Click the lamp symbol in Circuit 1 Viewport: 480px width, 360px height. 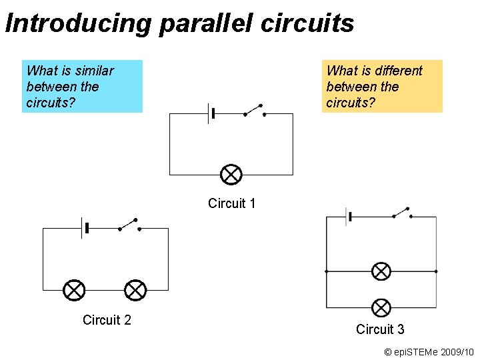[x=231, y=175]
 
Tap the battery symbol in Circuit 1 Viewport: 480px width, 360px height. [x=211, y=113]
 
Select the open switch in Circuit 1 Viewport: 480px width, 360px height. [x=254, y=110]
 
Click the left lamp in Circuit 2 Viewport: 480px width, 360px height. [x=74, y=290]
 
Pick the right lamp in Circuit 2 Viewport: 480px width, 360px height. [x=135, y=290]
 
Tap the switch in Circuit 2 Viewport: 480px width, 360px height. [x=129, y=225]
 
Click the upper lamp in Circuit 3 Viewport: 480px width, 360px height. [x=381, y=271]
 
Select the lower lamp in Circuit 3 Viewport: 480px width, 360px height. [x=381, y=307]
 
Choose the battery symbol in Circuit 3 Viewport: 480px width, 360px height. [x=348, y=217]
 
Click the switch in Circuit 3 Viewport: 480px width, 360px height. [x=401, y=213]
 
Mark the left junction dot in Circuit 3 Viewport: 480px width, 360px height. [x=326, y=271]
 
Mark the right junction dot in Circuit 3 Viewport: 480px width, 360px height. [x=436, y=271]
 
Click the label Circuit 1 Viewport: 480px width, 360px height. [x=231, y=203]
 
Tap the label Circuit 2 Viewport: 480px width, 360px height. [x=107, y=320]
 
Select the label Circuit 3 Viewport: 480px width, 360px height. [x=380, y=329]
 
